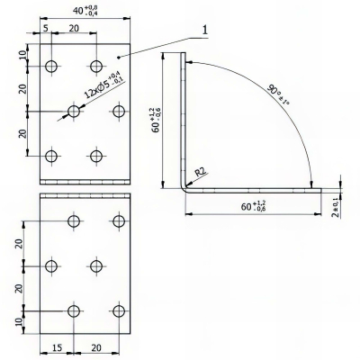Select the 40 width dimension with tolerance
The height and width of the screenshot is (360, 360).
85,12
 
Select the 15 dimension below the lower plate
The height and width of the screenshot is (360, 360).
55,346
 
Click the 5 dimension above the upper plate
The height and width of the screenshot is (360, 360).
47,29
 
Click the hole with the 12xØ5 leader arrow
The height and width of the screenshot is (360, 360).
75,111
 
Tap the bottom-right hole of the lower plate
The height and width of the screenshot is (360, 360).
118,310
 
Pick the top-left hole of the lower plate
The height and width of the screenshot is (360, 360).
74,220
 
